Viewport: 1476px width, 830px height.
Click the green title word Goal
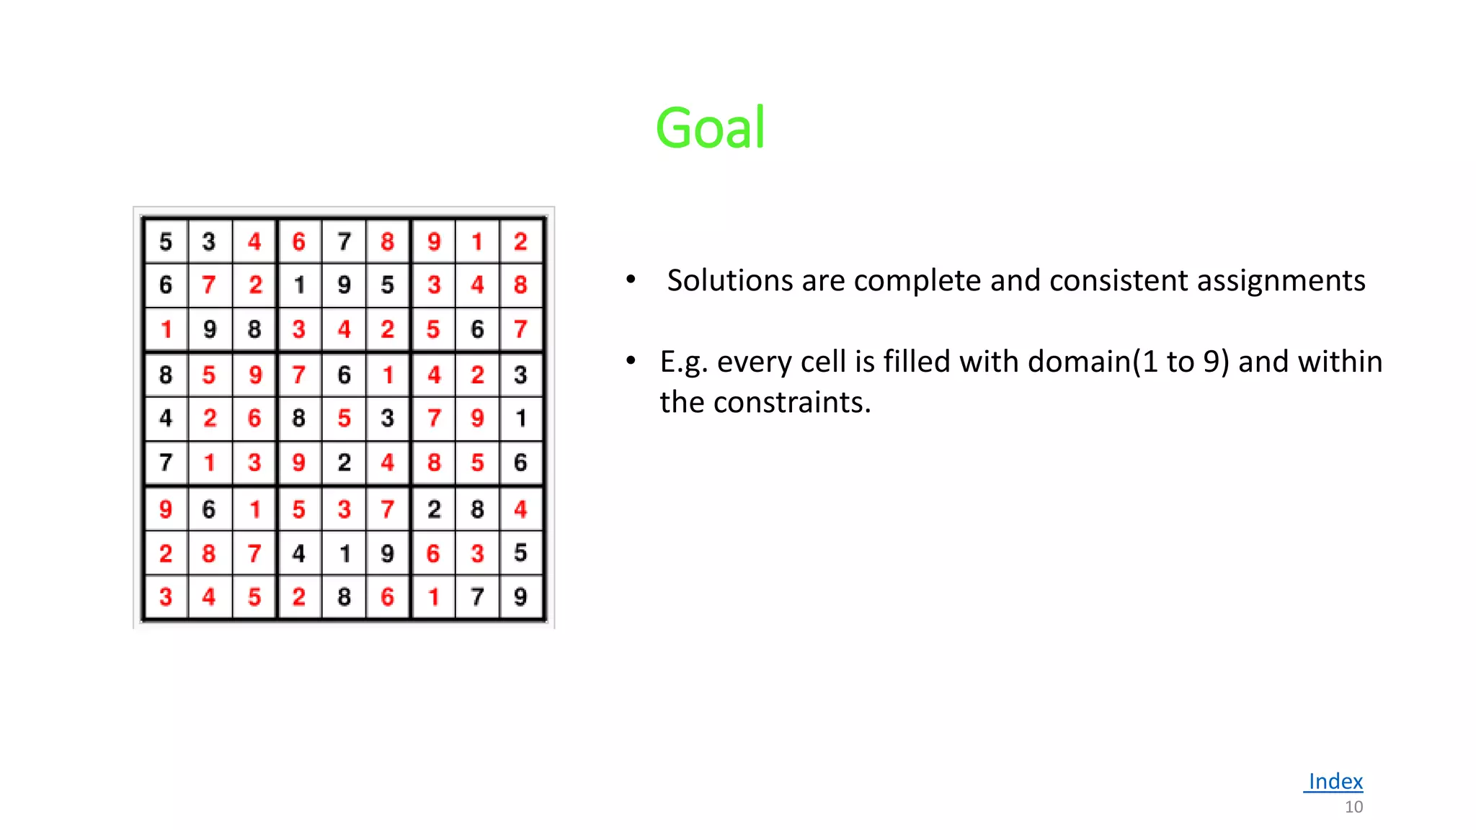point(710,128)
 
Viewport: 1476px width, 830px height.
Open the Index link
point(1335,781)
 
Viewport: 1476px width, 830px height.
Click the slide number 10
point(1353,807)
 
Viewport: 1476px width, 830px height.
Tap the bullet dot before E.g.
point(631,360)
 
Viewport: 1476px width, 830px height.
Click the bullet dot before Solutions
point(631,279)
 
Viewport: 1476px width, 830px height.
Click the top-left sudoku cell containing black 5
point(166,241)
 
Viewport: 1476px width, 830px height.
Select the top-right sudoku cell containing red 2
point(520,241)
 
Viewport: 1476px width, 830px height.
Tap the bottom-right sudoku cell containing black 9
point(520,597)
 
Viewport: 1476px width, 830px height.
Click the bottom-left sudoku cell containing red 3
point(166,597)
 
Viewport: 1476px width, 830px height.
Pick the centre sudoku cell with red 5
point(344,419)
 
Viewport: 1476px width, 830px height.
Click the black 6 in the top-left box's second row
point(166,285)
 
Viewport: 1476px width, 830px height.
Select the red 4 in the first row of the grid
point(254,241)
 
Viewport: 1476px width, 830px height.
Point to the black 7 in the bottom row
point(476,597)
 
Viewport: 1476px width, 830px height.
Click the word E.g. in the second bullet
point(683,362)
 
